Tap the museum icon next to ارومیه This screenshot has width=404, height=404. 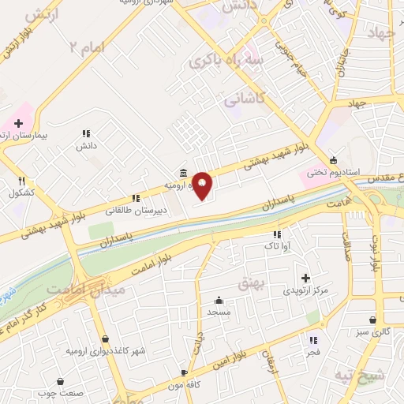[183, 173]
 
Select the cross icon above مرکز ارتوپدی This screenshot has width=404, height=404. [305, 277]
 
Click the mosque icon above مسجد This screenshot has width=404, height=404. [219, 300]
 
